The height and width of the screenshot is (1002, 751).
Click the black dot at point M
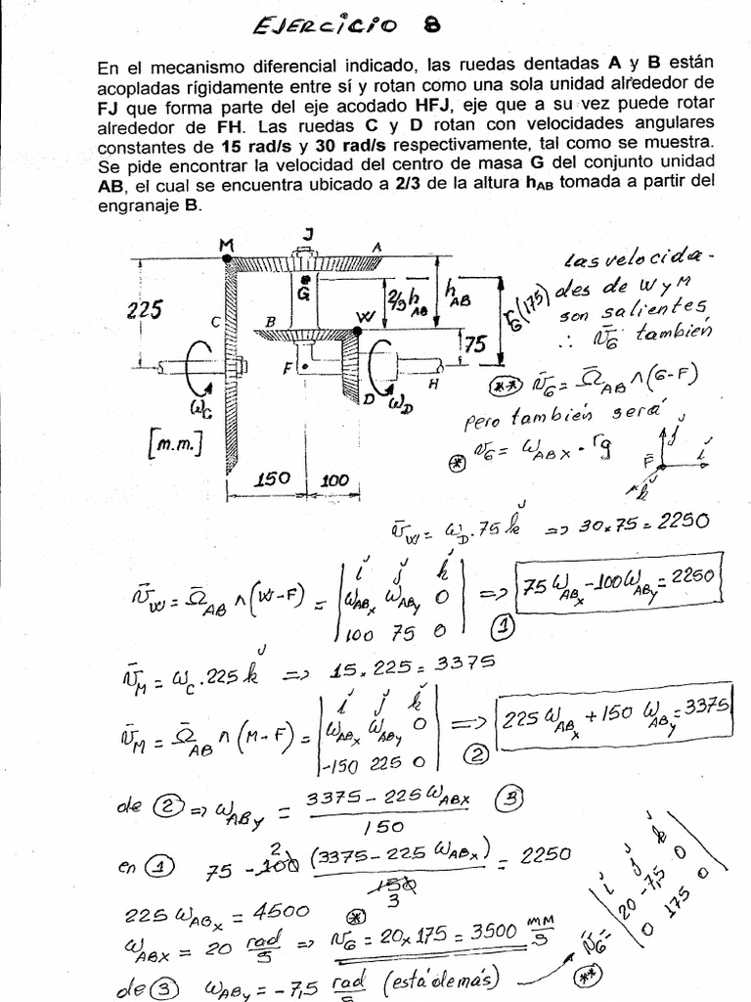coord(227,258)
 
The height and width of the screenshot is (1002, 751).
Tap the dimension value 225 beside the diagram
coord(144,310)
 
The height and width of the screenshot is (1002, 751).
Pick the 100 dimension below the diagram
coord(334,479)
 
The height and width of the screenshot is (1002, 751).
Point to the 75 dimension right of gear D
coord(475,343)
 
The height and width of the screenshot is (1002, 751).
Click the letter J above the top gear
coord(308,231)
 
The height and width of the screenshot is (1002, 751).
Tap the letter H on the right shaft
coord(432,385)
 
